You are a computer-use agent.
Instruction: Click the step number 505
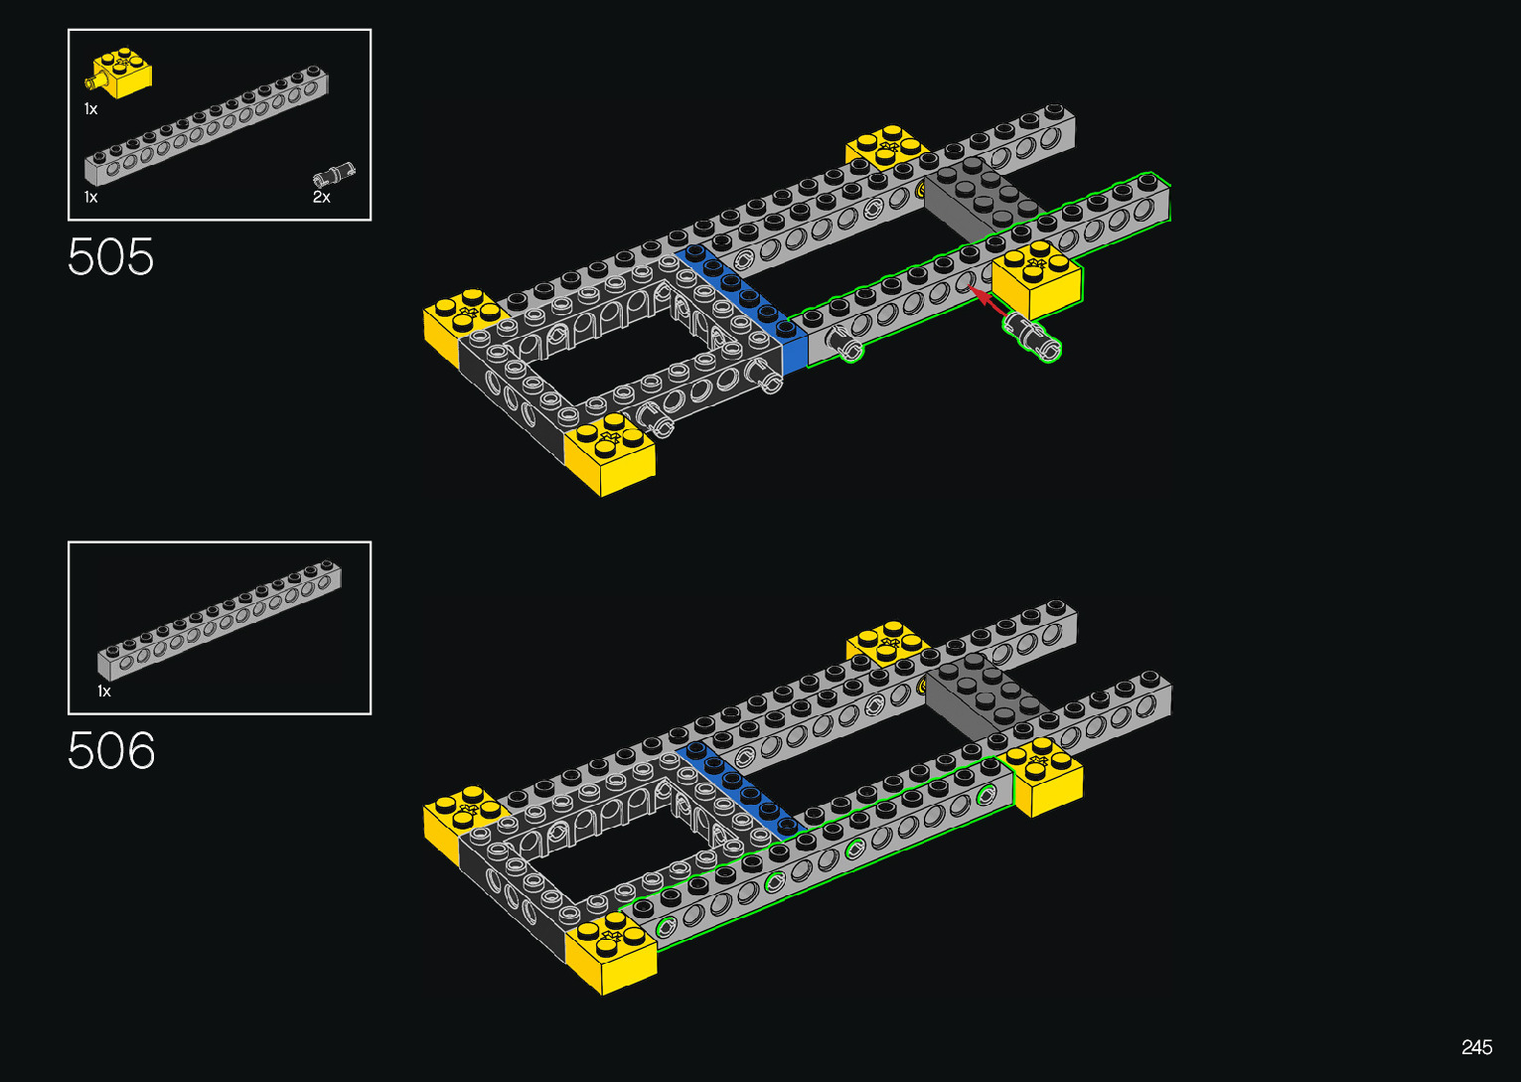point(110,256)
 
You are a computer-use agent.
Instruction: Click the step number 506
point(111,750)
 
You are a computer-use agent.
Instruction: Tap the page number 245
point(1477,1046)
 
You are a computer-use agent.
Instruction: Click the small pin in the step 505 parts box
point(334,175)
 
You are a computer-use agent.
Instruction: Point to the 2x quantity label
point(321,197)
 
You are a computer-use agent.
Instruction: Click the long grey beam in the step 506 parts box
point(220,620)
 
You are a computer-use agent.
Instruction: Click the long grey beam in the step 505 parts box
point(207,125)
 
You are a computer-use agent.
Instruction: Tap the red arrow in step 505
point(989,301)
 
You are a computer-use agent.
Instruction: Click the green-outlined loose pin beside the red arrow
point(1032,336)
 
